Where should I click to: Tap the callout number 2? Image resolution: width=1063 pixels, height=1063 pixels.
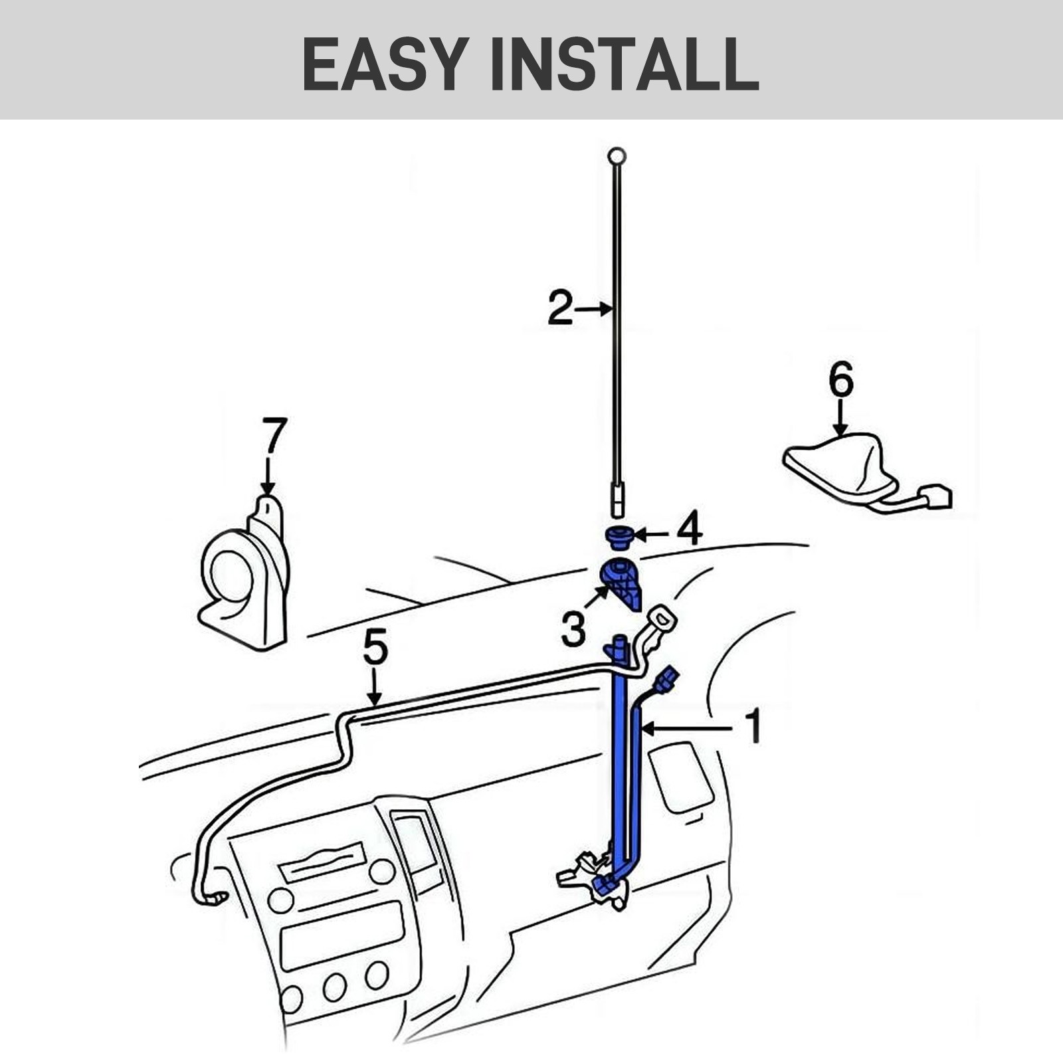pyautogui.click(x=560, y=308)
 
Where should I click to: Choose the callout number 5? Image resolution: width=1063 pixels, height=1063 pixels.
pyautogui.click(x=375, y=648)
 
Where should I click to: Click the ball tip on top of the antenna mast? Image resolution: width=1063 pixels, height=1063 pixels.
pyautogui.click(x=617, y=157)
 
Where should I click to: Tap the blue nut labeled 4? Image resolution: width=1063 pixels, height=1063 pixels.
pyautogui.click(x=619, y=536)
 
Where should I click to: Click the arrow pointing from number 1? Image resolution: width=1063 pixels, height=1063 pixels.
pyautogui.click(x=684, y=729)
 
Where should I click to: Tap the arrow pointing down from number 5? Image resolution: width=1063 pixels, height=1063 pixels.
pyautogui.click(x=375, y=688)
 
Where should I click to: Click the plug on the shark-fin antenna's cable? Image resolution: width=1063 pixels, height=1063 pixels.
pyautogui.click(x=937, y=498)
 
